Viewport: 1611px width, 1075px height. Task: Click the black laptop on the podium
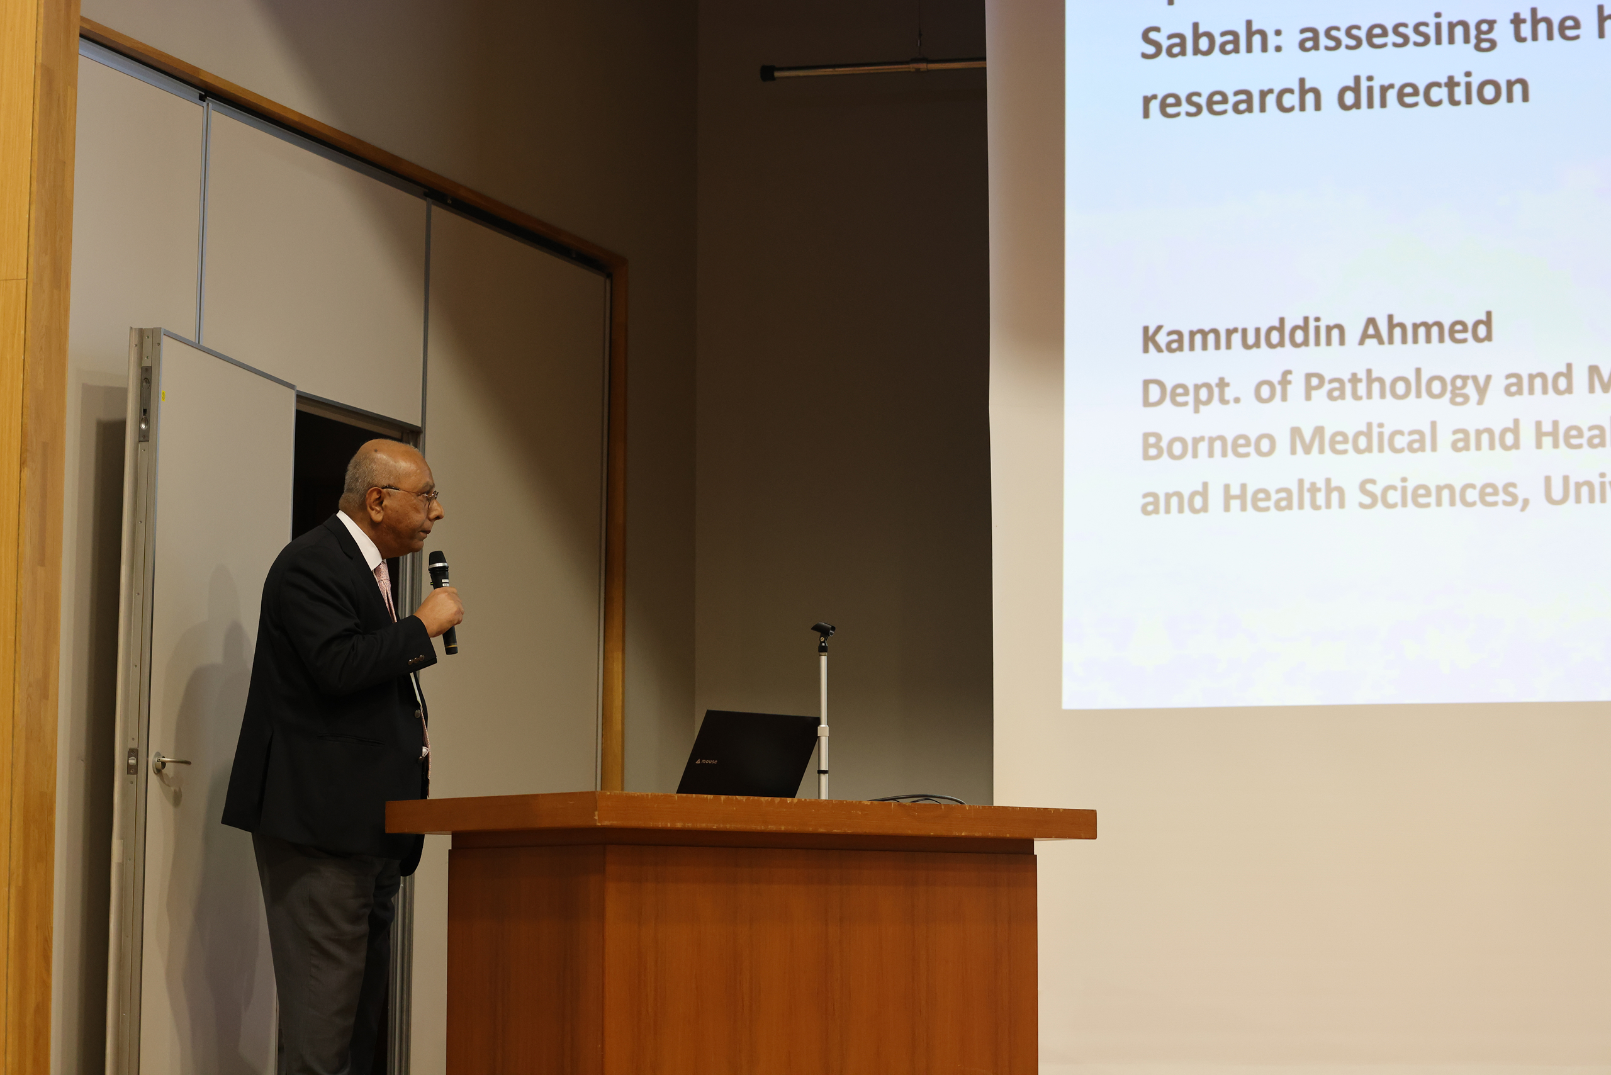click(748, 754)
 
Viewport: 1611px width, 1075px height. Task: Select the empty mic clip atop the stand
click(822, 630)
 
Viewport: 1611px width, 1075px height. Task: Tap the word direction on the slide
click(1434, 91)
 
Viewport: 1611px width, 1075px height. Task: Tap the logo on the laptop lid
click(706, 761)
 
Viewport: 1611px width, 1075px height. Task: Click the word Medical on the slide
click(1363, 439)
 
